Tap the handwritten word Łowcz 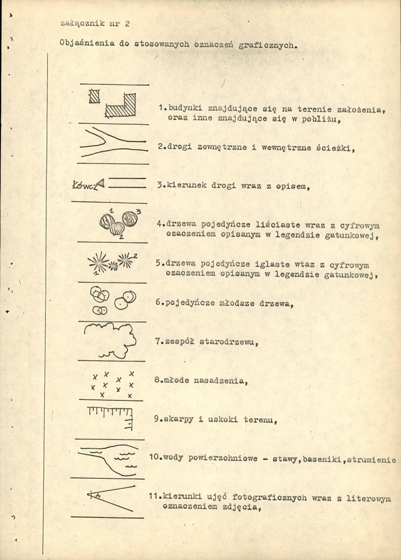point(84,185)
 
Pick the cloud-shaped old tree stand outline point(109,340)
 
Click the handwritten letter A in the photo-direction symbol point(97,496)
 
